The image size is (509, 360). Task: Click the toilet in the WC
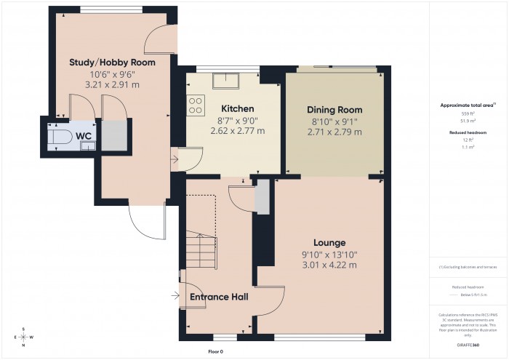click(x=60, y=137)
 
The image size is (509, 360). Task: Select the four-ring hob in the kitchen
click(x=196, y=105)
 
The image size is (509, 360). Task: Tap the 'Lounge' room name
click(x=329, y=242)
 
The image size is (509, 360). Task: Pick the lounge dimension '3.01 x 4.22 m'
click(x=329, y=265)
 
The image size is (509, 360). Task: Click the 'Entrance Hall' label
click(x=219, y=297)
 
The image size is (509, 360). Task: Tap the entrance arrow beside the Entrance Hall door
click(x=175, y=296)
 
